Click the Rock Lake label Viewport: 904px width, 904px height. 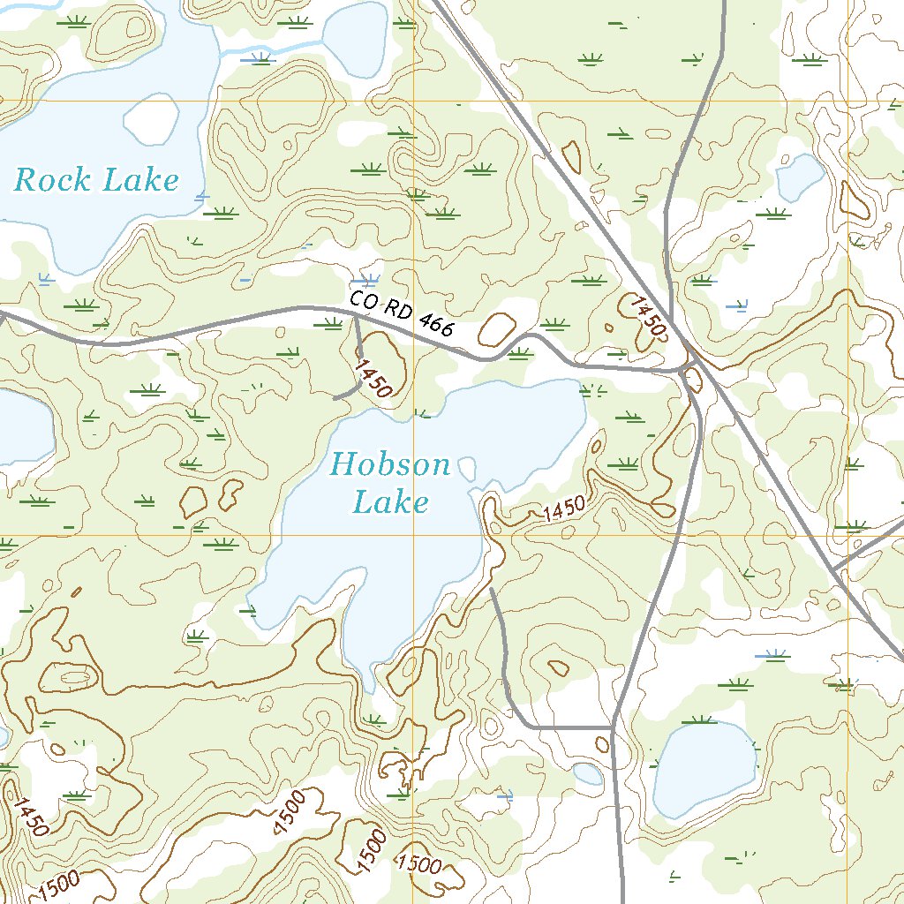97,181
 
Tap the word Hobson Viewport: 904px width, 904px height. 391,464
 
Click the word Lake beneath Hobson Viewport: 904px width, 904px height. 391,503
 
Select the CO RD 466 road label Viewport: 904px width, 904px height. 402,313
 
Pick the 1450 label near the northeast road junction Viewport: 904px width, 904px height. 647,316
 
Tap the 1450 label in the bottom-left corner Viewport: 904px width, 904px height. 29,816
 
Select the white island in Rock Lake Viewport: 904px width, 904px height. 150,119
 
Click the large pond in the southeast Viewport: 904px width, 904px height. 704,768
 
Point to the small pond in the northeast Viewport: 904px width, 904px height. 800,176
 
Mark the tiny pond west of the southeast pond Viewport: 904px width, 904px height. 588,774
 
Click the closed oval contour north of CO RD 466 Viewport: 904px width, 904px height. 498,330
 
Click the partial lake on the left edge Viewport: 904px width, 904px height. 22,428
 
